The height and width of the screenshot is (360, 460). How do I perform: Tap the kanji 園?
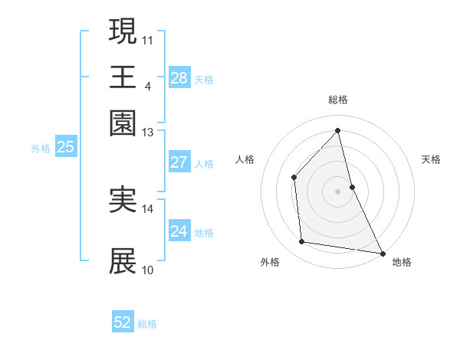pyautogui.click(x=123, y=123)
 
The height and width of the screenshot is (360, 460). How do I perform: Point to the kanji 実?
pyautogui.click(x=123, y=199)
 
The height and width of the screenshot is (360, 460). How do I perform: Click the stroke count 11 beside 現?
pyautogui.click(x=148, y=38)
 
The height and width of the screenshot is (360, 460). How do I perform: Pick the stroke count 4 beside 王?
pyautogui.click(x=147, y=86)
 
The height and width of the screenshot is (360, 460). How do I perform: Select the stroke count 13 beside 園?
pyautogui.click(x=148, y=133)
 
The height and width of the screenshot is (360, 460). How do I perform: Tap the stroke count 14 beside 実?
pyautogui.click(x=148, y=208)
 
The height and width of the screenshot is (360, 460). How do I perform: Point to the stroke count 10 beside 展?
pyautogui.click(x=148, y=270)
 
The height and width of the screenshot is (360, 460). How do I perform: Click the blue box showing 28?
pyautogui.click(x=179, y=78)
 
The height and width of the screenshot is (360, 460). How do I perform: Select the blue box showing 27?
pyautogui.click(x=179, y=162)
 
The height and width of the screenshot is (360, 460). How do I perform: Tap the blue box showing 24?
pyautogui.click(x=179, y=231)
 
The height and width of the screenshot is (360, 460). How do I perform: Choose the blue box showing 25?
pyautogui.click(x=65, y=148)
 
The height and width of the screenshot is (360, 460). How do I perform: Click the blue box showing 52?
pyautogui.click(x=123, y=322)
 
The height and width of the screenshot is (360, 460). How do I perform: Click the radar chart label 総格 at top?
pyautogui.click(x=337, y=100)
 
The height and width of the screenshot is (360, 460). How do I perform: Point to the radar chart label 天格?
pyautogui.click(x=431, y=159)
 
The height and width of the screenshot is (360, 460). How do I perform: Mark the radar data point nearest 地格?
pyautogui.click(x=382, y=253)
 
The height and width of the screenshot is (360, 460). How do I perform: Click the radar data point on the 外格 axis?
pyautogui.click(x=302, y=242)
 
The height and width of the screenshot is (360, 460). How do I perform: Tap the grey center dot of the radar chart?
pyautogui.click(x=337, y=191)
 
